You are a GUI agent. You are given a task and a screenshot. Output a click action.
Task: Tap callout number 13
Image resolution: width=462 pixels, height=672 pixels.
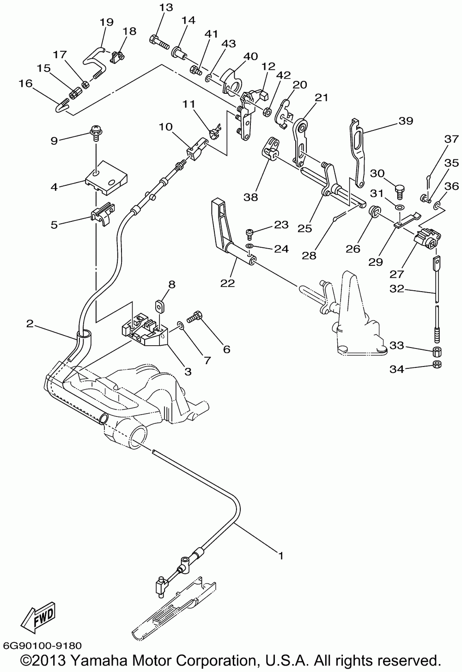pyautogui.click(x=166, y=7)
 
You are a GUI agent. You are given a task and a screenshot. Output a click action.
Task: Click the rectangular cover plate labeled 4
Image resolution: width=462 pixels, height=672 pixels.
pyautogui.click(x=106, y=177)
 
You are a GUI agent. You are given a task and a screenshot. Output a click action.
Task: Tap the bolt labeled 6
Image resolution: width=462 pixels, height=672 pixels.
pyautogui.click(x=195, y=317)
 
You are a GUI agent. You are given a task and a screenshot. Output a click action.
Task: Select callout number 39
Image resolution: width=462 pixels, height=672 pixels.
pyautogui.click(x=406, y=121)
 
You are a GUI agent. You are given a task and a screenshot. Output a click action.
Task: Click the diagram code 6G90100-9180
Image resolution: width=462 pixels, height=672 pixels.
pyautogui.click(x=42, y=645)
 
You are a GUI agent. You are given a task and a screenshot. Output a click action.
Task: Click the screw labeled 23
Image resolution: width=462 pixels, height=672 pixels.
pyautogui.click(x=249, y=233)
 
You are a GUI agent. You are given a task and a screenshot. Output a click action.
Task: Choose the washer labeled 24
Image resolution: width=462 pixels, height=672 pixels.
pyautogui.click(x=249, y=246)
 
